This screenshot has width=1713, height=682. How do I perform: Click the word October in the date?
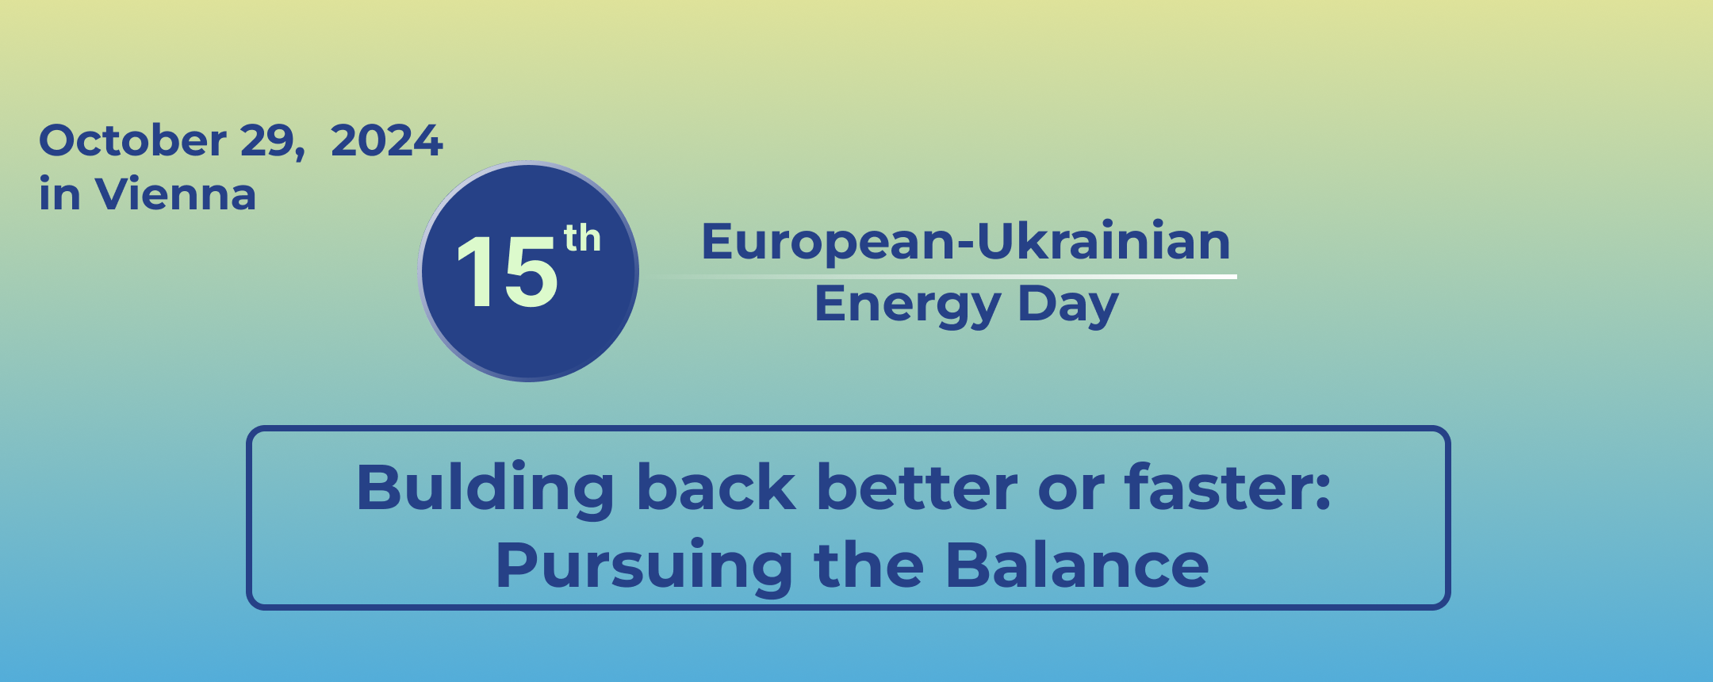(132, 140)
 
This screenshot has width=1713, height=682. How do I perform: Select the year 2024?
(386, 140)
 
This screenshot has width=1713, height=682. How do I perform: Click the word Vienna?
(175, 194)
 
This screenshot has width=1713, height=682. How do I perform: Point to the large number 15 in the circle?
(507, 272)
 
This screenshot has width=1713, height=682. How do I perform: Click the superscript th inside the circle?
(582, 238)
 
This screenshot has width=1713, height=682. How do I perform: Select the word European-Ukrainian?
(966, 241)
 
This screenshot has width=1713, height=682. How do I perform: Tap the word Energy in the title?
(908, 305)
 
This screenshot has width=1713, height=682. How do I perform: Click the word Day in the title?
(1067, 305)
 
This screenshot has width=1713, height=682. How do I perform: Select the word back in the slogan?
(716, 487)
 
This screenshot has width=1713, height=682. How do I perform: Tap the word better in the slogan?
(917, 487)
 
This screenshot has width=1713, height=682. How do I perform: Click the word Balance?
(1077, 565)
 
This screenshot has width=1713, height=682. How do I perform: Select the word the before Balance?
(869, 565)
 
